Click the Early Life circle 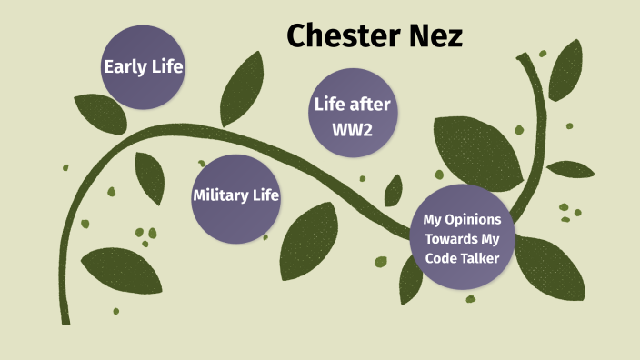[143, 66]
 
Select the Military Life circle [235, 196]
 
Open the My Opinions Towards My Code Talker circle [468, 237]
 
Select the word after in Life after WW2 [371, 103]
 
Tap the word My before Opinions [435, 220]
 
